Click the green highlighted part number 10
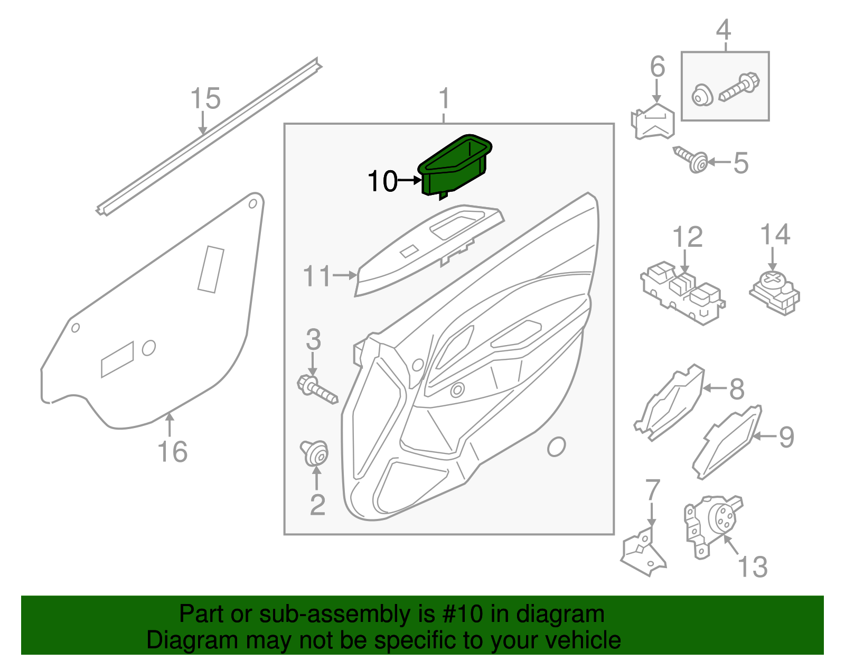454,166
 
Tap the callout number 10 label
382,181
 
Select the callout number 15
205,99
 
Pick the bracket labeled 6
654,122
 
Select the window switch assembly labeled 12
682,296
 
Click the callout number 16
172,452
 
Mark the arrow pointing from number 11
346,275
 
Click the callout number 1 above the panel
444,99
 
